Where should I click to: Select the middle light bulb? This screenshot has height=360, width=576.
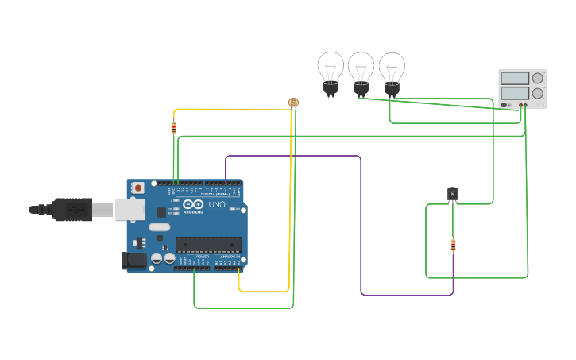point(361,71)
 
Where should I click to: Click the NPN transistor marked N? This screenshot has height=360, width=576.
point(452,193)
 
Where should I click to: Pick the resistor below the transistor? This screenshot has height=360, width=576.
point(453,245)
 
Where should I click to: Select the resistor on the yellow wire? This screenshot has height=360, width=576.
point(174,127)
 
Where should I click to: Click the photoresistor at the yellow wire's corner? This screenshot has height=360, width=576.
point(293,103)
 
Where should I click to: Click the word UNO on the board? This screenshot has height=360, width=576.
point(217,204)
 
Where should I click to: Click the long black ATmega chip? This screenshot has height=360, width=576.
point(207,248)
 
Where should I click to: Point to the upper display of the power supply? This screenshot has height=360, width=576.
point(514,78)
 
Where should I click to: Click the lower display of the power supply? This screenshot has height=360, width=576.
point(514,93)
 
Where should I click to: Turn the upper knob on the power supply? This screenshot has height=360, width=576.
point(538,78)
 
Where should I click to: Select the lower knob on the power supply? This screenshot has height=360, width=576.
point(538,93)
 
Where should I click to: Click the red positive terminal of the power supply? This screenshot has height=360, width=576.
point(520,105)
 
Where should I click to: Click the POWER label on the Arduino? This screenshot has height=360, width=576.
point(202,257)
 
